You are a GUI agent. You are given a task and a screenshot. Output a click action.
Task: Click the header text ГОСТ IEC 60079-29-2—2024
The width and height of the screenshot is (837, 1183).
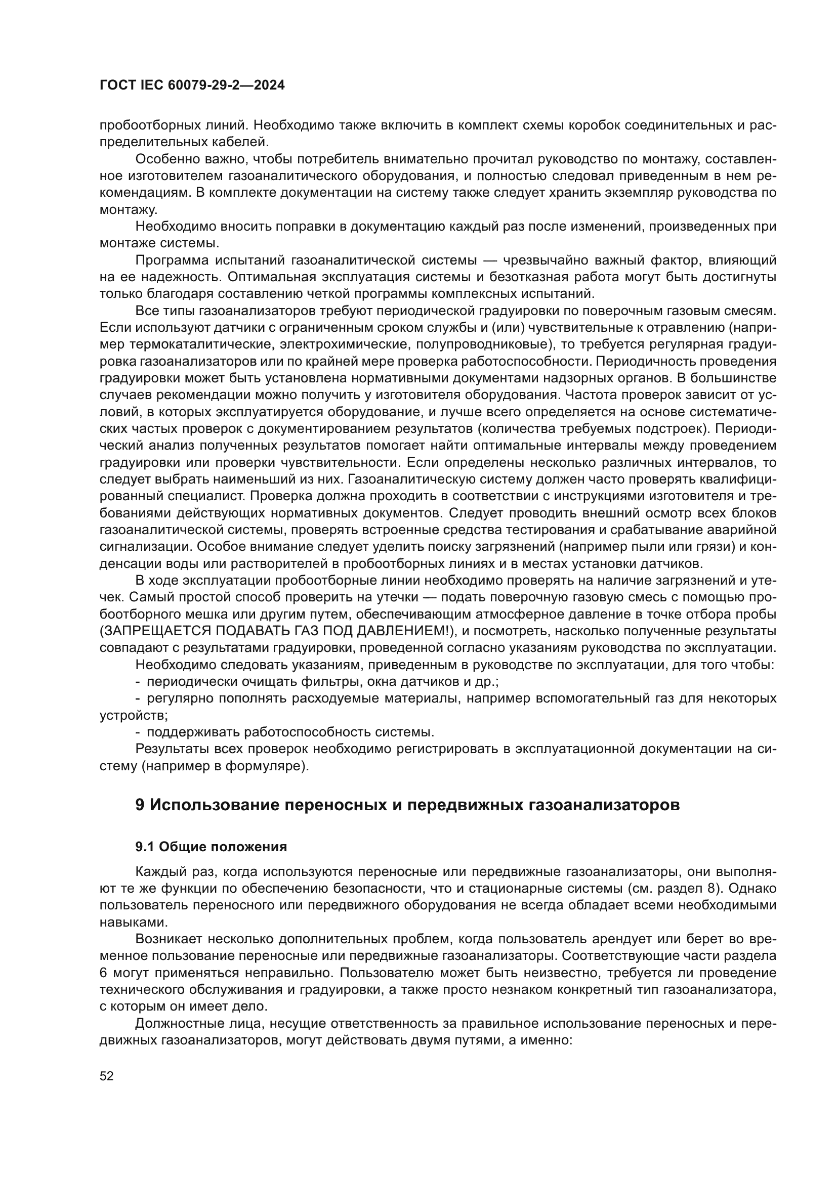pyautogui.click(x=192, y=85)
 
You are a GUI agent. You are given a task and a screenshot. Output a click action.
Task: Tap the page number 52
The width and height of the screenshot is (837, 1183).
pyautogui.click(x=107, y=1076)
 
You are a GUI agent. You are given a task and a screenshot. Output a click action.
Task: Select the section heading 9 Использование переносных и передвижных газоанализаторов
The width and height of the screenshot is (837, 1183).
pyautogui.click(x=407, y=805)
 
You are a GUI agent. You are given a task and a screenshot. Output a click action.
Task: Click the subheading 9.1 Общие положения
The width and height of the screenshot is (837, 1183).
pyautogui.click(x=211, y=847)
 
